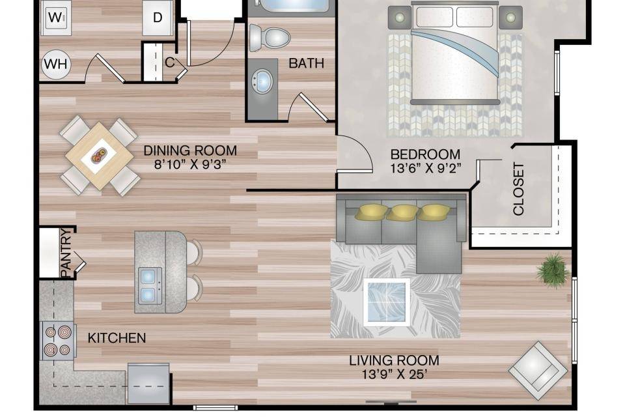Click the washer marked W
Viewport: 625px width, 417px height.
pyautogui.click(x=56, y=18)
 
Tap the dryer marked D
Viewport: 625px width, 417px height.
pyautogui.click(x=158, y=18)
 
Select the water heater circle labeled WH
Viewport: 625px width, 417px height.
pyautogui.click(x=56, y=64)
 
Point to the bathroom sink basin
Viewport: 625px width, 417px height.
pyautogui.click(x=262, y=81)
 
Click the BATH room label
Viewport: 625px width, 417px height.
pyautogui.click(x=306, y=63)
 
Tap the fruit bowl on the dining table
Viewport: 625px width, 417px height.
pyautogui.click(x=99, y=155)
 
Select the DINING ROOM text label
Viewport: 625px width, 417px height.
pyautogui.click(x=190, y=151)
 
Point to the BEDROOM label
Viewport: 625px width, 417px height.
pyautogui.click(x=425, y=154)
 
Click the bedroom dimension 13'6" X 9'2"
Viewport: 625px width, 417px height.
pyautogui.click(x=425, y=168)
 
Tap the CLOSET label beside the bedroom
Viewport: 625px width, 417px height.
pyautogui.click(x=518, y=189)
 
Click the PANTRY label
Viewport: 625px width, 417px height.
pyautogui.click(x=66, y=252)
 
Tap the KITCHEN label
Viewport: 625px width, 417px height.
pyautogui.click(x=117, y=338)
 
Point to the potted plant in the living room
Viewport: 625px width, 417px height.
pyautogui.click(x=553, y=270)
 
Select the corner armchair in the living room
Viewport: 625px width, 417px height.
pyautogui.click(x=538, y=371)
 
